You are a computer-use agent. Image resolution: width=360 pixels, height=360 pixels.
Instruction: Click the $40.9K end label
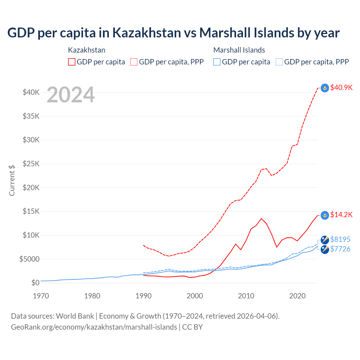341,87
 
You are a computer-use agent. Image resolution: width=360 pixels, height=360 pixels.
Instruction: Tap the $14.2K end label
341,215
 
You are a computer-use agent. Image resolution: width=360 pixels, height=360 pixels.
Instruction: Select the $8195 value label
340,239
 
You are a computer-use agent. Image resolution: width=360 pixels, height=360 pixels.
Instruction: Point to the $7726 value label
340,249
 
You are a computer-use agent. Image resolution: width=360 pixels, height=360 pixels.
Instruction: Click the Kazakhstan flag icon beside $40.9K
325,88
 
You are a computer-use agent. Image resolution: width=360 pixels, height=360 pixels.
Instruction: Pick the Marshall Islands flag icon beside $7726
325,249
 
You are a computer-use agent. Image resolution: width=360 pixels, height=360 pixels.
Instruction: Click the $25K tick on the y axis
31,164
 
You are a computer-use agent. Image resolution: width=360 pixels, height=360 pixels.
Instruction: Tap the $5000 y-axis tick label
29,259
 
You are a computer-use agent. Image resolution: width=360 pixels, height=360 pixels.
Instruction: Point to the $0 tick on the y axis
35,283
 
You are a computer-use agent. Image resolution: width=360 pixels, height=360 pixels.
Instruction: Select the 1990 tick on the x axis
143,296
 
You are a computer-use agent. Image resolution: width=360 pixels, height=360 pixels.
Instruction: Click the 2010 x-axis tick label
246,296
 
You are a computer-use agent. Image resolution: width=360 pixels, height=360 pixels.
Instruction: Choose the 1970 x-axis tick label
41,296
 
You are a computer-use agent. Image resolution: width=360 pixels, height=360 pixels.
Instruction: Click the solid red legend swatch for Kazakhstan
72,62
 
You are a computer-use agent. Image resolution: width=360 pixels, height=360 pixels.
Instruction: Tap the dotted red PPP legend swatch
134,62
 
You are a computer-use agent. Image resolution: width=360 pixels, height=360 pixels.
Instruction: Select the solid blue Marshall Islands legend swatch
217,62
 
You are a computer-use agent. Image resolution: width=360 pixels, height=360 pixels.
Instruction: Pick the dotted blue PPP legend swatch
279,62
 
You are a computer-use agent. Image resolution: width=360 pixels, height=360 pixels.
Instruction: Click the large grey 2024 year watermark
71,95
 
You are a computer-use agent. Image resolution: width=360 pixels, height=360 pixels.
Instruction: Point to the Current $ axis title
12,180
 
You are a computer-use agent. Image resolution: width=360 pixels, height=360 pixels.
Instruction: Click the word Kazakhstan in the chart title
147,33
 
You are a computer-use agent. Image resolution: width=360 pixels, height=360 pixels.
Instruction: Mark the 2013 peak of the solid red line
261,219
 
